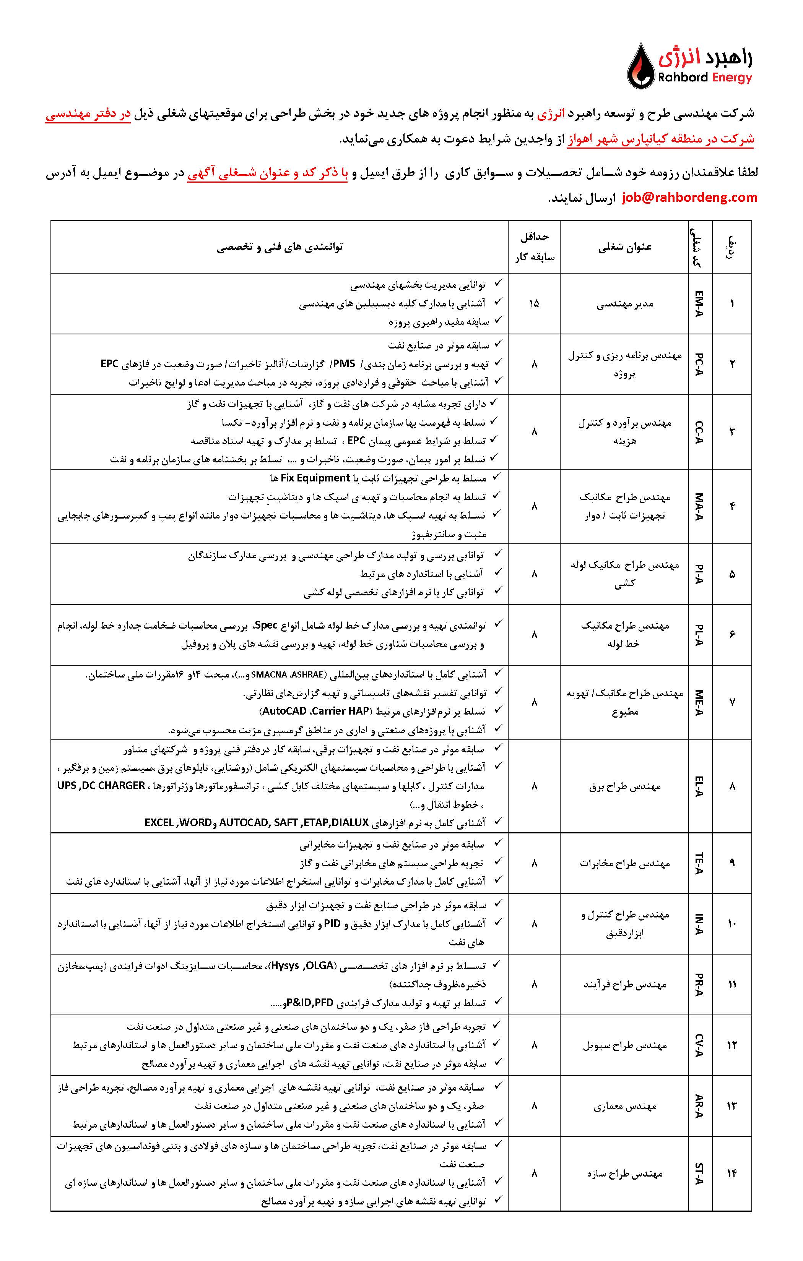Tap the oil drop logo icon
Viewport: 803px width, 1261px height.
640,66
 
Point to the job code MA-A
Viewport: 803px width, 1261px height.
700,506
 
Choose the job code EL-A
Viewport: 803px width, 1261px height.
700,786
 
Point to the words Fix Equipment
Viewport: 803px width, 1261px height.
315,478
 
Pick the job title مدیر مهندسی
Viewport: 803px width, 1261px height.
625,304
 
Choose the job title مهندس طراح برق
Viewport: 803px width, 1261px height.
625,786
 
